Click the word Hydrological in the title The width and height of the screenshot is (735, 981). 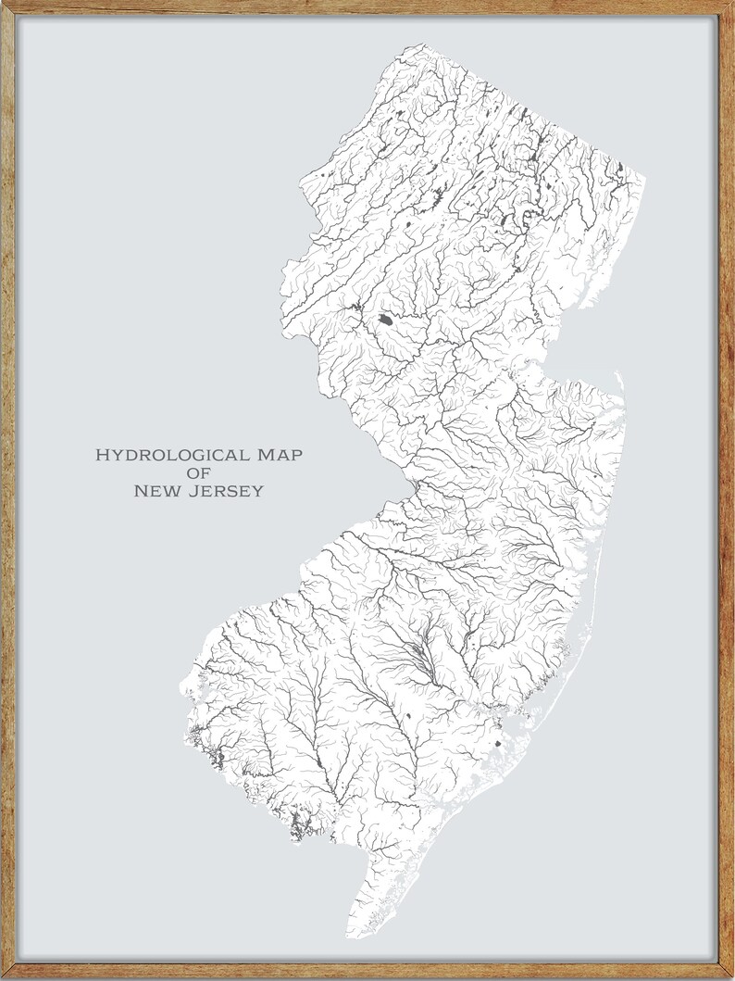(x=171, y=455)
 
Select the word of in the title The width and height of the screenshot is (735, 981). (x=198, y=472)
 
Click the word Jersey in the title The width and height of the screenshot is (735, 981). (x=230, y=491)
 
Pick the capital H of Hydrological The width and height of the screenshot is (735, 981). (x=103, y=455)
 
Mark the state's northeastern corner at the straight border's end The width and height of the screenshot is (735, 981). (x=644, y=175)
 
